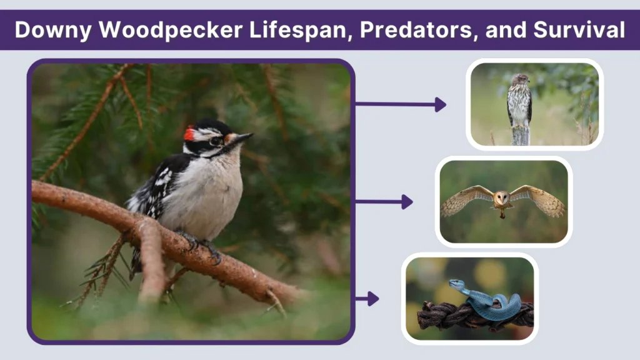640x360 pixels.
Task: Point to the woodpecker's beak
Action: pos(241,137)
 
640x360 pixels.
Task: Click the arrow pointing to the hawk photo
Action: pos(401,104)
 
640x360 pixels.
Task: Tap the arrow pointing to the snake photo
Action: pos(367,299)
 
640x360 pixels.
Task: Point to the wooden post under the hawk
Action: pos(520,135)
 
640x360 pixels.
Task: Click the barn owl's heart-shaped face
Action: pos(501,199)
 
